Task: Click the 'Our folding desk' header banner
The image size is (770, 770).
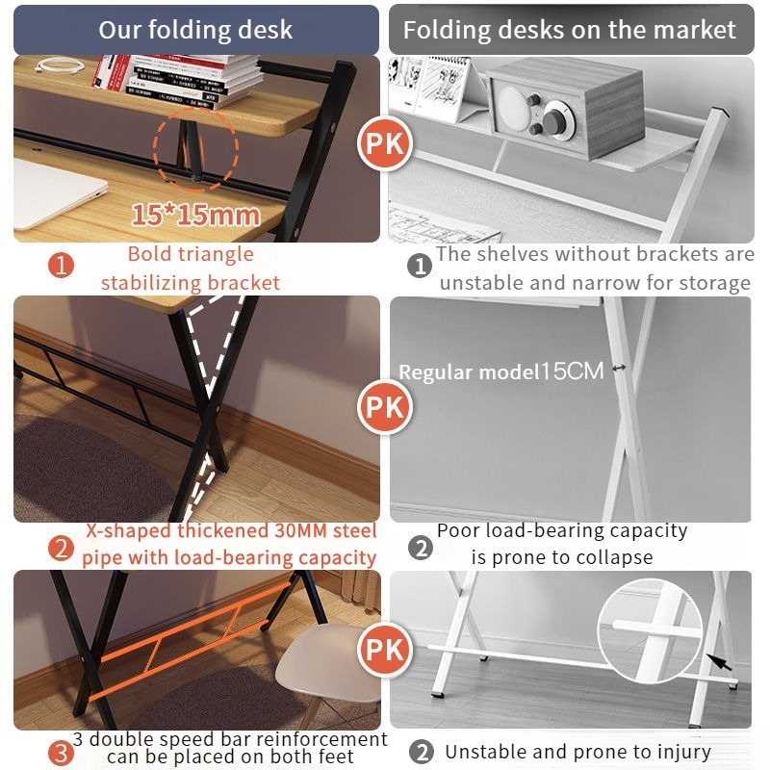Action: click(x=196, y=30)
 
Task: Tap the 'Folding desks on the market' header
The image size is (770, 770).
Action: click(x=571, y=30)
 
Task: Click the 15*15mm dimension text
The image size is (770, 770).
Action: click(x=195, y=215)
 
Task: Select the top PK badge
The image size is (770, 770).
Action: click(x=384, y=143)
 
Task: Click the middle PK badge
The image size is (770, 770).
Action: click(x=384, y=406)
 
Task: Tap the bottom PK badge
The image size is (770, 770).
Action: click(x=384, y=650)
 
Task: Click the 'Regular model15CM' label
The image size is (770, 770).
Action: click(x=500, y=372)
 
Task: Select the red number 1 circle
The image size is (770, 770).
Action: click(x=61, y=266)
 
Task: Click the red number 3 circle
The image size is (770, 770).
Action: click(x=61, y=754)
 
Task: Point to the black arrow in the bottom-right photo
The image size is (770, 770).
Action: click(x=719, y=662)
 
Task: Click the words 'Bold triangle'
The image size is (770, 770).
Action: click(x=191, y=254)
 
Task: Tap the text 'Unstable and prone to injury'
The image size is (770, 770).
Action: click(x=577, y=752)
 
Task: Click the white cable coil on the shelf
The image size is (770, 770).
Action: click(x=60, y=65)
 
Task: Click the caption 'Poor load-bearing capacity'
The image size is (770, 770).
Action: click(x=562, y=530)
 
